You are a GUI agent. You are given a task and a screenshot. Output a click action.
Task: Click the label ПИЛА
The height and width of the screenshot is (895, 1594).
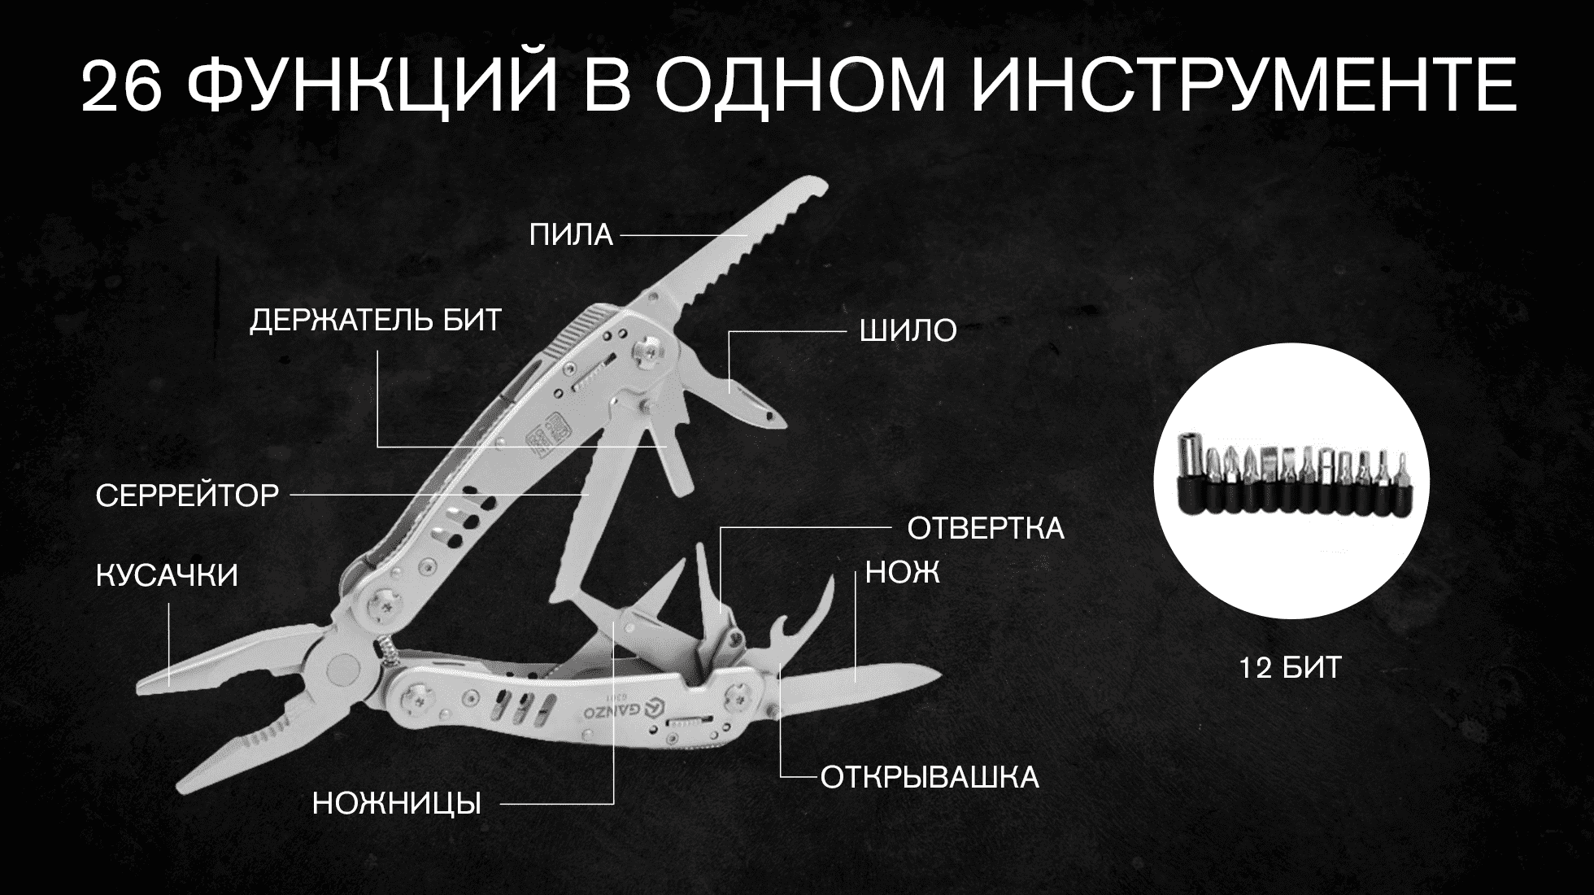pyautogui.click(x=571, y=235)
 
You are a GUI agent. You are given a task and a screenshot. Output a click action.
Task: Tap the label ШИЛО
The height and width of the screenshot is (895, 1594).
pyautogui.click(x=908, y=331)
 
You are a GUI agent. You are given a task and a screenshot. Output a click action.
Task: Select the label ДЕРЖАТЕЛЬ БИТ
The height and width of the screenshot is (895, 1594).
pyautogui.click(x=376, y=321)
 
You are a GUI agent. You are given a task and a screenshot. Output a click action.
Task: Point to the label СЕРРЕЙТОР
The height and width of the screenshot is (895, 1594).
pyautogui.click(x=188, y=495)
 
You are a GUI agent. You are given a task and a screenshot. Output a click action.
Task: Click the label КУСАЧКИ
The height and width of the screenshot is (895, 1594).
pyautogui.click(x=168, y=576)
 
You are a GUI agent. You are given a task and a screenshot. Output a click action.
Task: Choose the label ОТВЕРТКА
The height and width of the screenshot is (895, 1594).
pyautogui.click(x=986, y=529)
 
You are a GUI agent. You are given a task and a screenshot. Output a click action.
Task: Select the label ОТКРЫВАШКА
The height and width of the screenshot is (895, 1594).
pyautogui.click(x=930, y=778)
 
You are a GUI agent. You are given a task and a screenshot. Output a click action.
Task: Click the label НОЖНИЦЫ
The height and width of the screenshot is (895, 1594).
pyautogui.click(x=397, y=805)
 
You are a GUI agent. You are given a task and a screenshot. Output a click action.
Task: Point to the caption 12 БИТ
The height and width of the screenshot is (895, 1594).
pyautogui.click(x=1291, y=669)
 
